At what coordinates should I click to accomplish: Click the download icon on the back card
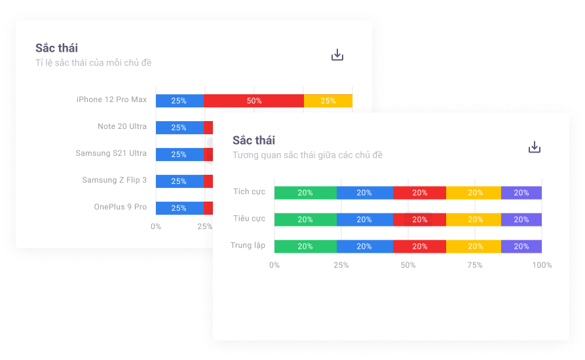coord(337,55)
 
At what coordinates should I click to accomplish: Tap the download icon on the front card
coord(535,147)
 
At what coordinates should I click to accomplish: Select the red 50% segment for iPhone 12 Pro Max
coord(254,101)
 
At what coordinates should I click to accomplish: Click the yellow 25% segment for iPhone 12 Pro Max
coord(328,101)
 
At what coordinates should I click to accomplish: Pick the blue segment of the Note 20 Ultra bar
coord(179,128)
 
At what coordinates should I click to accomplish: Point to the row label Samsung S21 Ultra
coord(111,153)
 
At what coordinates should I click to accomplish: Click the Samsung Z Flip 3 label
coord(115,180)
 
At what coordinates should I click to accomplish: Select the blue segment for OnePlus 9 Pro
coord(179,208)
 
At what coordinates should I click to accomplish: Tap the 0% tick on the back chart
coord(156,226)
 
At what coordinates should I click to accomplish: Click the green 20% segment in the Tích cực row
coord(305,193)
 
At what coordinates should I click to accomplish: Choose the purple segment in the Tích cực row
coord(521,193)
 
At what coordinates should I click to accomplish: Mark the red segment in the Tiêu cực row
coord(419,220)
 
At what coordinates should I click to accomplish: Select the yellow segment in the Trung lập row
coord(475,247)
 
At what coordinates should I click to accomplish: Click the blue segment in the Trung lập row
coord(364,247)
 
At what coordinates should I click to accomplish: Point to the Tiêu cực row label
coord(249,219)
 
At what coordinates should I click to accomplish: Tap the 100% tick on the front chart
coord(542,265)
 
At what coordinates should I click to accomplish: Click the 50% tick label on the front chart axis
coord(408,265)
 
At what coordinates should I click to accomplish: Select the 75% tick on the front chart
coord(475,265)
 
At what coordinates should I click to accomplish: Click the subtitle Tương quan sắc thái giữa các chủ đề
coord(307,155)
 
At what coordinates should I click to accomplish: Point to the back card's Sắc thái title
coord(56,48)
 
